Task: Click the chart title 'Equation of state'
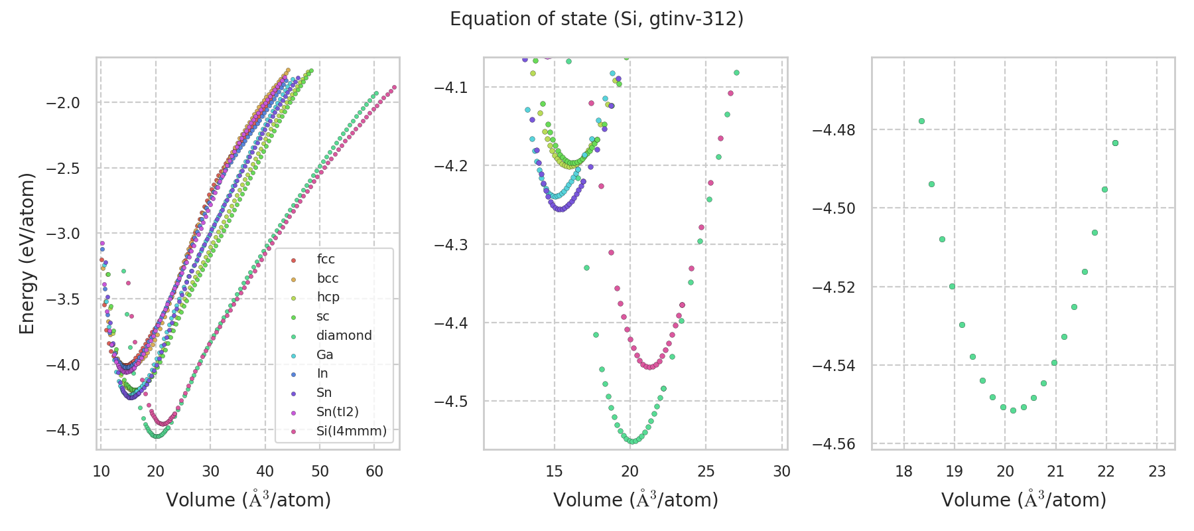pos(596,19)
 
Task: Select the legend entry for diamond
pos(344,335)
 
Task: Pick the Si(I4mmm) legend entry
pos(351,431)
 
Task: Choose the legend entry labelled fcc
pos(326,259)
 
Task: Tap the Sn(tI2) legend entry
pos(337,412)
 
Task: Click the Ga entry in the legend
pos(324,354)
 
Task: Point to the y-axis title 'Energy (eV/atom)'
pos(27,254)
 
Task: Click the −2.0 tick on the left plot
pos(64,102)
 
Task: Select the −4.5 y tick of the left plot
pos(64,429)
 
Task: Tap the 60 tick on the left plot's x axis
pos(375,471)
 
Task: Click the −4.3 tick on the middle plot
pos(451,245)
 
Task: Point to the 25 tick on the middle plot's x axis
pos(706,471)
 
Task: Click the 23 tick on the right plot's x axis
pos(1157,471)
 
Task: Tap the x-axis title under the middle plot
pos(635,500)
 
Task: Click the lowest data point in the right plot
pos(1013,410)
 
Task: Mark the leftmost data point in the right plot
pos(921,121)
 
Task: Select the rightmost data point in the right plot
pos(1115,143)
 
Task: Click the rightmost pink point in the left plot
pos(394,87)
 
